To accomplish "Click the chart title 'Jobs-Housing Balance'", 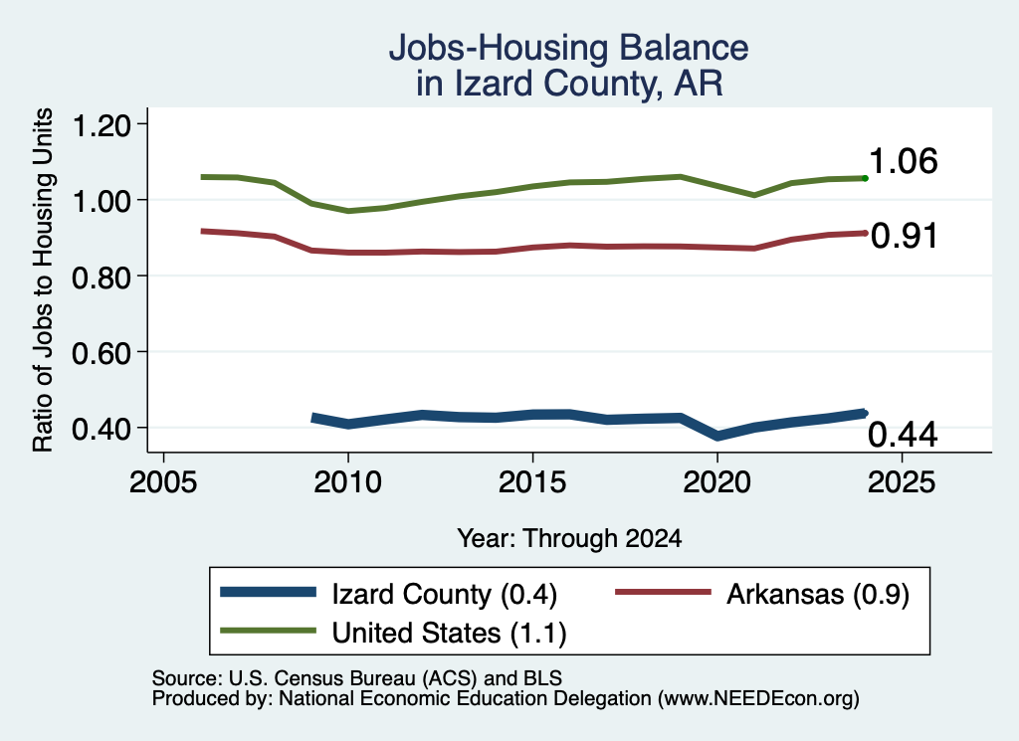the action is pyautogui.click(x=568, y=48).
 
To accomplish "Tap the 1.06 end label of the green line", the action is pyautogui.click(x=903, y=161).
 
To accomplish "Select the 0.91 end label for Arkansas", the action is pyautogui.click(x=904, y=236).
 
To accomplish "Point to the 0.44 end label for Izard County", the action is pyautogui.click(x=903, y=435).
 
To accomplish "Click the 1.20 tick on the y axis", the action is pyautogui.click(x=102, y=124).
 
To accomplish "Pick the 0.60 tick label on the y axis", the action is pyautogui.click(x=102, y=353).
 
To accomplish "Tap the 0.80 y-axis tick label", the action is pyautogui.click(x=102, y=277).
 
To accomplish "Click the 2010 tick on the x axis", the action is pyautogui.click(x=347, y=481).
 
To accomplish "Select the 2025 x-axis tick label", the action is pyautogui.click(x=902, y=481).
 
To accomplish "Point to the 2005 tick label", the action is pyautogui.click(x=163, y=481).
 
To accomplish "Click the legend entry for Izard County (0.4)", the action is pyautogui.click(x=389, y=594).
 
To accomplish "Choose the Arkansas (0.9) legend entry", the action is pyautogui.click(x=761, y=594).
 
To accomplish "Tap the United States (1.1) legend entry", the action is pyautogui.click(x=393, y=633).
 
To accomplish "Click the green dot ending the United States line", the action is pyautogui.click(x=865, y=178).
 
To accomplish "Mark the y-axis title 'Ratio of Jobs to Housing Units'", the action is pyautogui.click(x=43, y=279).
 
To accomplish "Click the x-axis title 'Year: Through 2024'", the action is pyautogui.click(x=569, y=538).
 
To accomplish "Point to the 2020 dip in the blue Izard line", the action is pyautogui.click(x=717, y=435).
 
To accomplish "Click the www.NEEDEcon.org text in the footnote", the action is pyautogui.click(x=757, y=699).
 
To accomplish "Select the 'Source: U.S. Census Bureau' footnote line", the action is pyautogui.click(x=357, y=678).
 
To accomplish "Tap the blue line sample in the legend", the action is pyautogui.click(x=268, y=592).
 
